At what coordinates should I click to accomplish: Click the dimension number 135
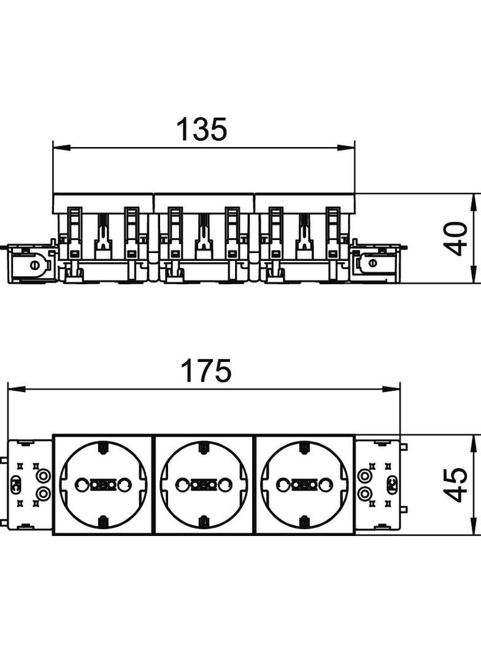coord(202,129)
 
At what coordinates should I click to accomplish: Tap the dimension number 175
coord(207,371)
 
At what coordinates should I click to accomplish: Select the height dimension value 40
coord(455,239)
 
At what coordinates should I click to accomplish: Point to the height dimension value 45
coord(455,485)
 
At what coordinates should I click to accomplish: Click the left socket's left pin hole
coord(80,484)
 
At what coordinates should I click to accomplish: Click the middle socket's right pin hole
coord(225,484)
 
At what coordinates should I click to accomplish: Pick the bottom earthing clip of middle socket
coord(204,520)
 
